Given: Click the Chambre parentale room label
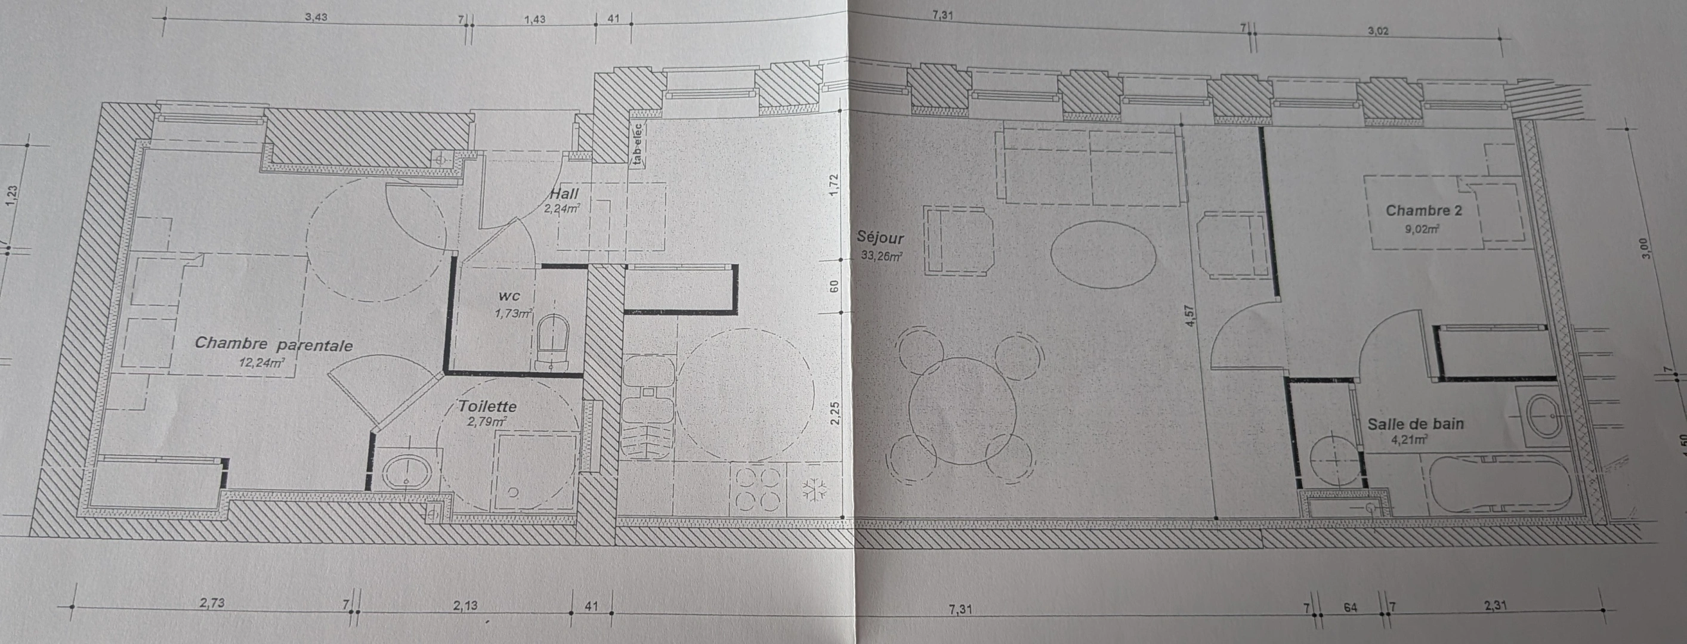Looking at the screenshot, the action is click(274, 344).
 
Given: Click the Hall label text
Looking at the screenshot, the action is click(564, 194).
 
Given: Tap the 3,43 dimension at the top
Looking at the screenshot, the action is click(316, 18).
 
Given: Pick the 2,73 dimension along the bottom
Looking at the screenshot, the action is click(212, 603).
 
